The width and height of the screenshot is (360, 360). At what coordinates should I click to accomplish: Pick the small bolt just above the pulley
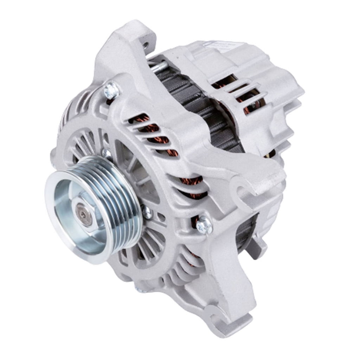pyautogui.click(x=105, y=152)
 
